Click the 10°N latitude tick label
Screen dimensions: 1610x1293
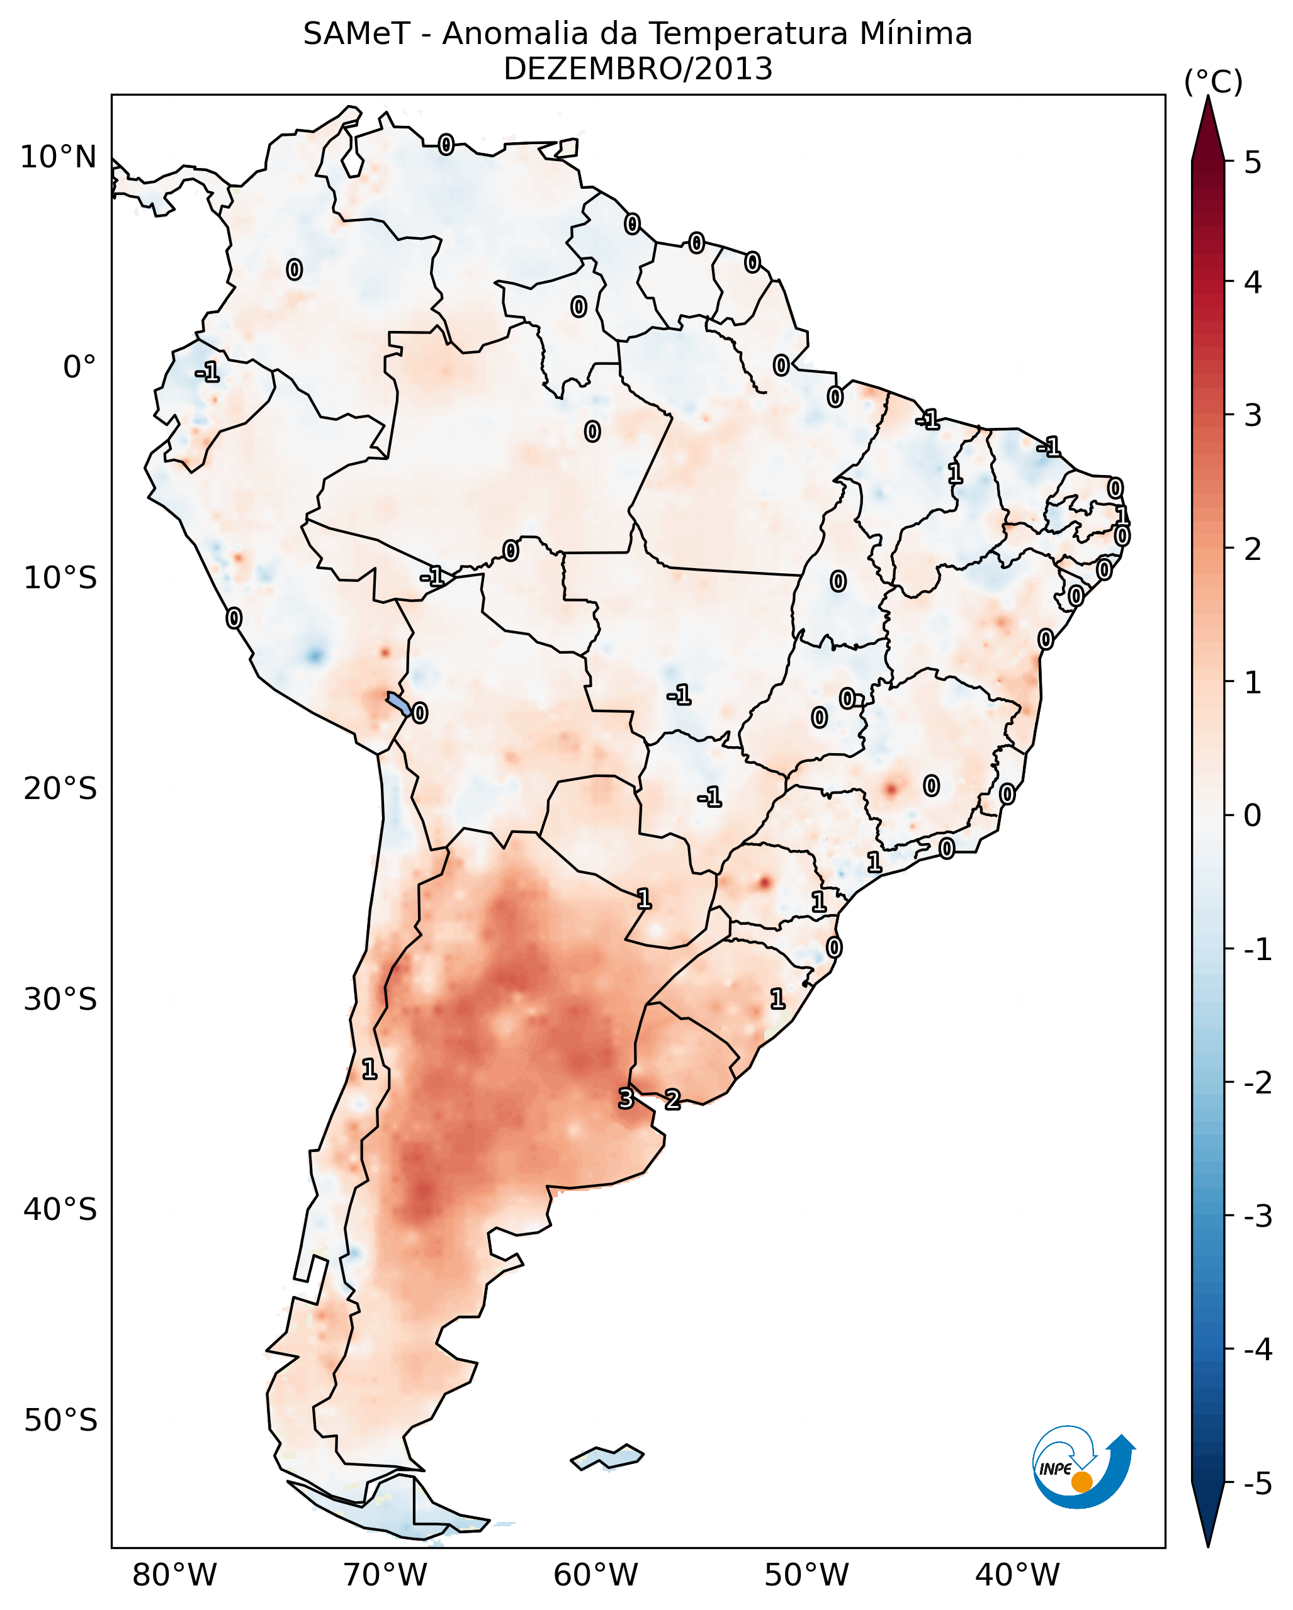click(x=59, y=157)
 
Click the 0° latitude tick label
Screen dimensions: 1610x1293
click(x=79, y=368)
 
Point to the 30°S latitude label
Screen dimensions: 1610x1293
click(x=60, y=999)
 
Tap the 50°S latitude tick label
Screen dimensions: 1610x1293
click(x=60, y=1421)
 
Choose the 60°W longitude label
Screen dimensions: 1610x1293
click(x=596, y=1575)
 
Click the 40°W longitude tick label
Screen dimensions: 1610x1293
click(x=1017, y=1575)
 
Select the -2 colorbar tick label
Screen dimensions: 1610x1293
click(x=1258, y=1082)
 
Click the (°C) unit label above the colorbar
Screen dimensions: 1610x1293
click(x=1213, y=82)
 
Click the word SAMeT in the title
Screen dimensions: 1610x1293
click(x=356, y=35)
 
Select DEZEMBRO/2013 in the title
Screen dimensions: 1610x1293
click(x=638, y=69)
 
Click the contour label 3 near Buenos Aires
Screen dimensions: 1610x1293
click(x=626, y=1098)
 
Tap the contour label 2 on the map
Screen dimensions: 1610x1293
click(x=672, y=1099)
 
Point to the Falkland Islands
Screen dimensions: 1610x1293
click(x=607, y=1457)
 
